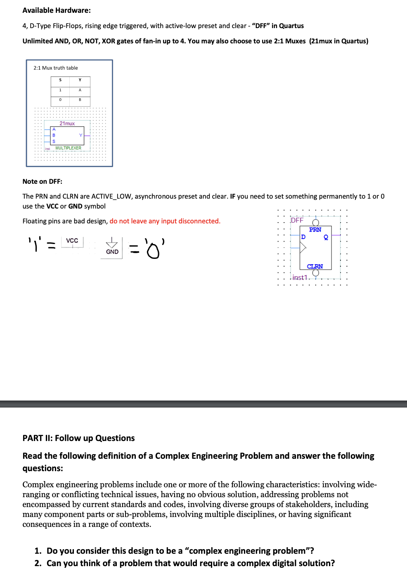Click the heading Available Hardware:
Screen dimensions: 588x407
(x=57, y=10)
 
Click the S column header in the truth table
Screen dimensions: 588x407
(x=60, y=80)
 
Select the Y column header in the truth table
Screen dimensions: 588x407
(x=80, y=80)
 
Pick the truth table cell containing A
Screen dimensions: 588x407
(x=80, y=90)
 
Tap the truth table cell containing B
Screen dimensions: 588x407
(x=80, y=100)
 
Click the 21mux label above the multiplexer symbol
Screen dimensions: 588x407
(x=67, y=123)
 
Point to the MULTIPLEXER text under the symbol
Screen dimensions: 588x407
(x=68, y=148)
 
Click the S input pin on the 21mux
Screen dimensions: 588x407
(x=54, y=141)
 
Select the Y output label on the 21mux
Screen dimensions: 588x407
(x=80, y=135)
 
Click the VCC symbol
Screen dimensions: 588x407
(x=72, y=241)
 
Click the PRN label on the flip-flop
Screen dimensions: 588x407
(x=315, y=230)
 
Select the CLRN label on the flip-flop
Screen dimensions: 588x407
(x=315, y=266)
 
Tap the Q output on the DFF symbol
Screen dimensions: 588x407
(x=326, y=237)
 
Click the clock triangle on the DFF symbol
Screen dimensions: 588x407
(x=303, y=248)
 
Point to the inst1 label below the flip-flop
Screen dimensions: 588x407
(x=300, y=277)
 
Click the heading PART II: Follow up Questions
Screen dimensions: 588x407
(x=78, y=438)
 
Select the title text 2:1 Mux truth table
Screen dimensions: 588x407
(x=56, y=68)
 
